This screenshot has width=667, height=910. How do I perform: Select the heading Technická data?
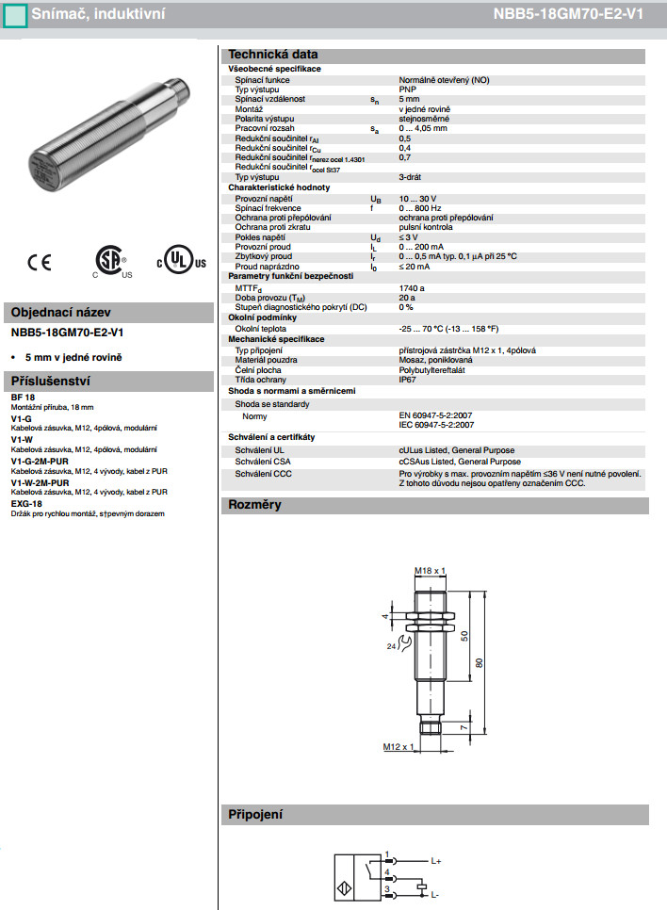273,54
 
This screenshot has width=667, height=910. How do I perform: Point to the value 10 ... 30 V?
417,200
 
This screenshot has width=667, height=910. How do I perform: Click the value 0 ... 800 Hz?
419,209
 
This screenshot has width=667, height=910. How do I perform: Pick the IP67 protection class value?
407,380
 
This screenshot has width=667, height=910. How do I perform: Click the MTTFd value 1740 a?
412,287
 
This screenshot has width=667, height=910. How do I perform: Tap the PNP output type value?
408,89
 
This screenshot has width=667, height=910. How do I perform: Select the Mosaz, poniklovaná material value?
436,360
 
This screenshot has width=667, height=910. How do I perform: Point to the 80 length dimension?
479,663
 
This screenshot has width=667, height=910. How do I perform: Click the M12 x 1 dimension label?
399,746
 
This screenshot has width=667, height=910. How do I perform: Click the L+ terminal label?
436,861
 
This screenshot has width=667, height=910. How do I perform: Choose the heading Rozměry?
254,505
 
